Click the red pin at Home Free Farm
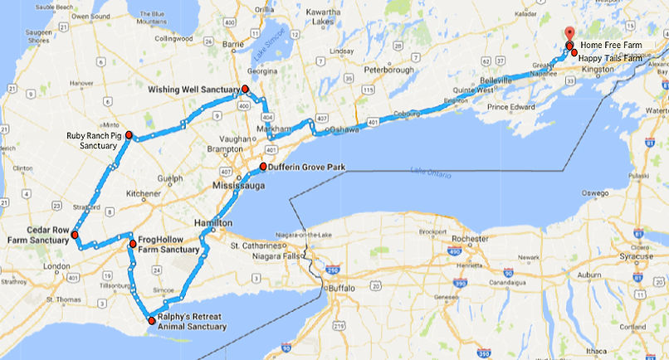[569, 35]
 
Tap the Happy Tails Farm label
[610, 58]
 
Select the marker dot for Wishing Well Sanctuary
[246, 89]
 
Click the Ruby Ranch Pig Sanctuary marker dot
[129, 134]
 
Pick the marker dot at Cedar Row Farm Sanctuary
[75, 235]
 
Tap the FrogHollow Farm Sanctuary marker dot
[133, 244]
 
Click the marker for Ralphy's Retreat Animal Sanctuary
[150, 320]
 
